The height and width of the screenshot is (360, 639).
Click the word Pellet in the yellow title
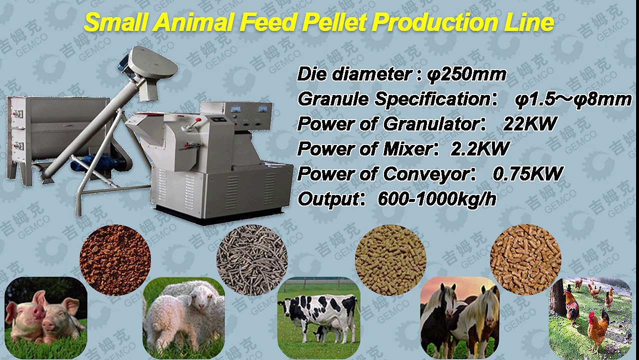[331, 22]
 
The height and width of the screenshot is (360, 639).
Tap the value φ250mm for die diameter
[467, 74]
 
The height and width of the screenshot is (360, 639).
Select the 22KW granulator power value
[529, 123]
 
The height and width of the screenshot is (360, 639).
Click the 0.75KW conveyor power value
[527, 173]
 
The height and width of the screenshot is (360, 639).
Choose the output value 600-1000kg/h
[436, 199]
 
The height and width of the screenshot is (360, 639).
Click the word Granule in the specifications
[333, 99]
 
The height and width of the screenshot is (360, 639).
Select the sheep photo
[183, 315]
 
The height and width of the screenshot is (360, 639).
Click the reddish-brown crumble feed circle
[115, 260]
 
